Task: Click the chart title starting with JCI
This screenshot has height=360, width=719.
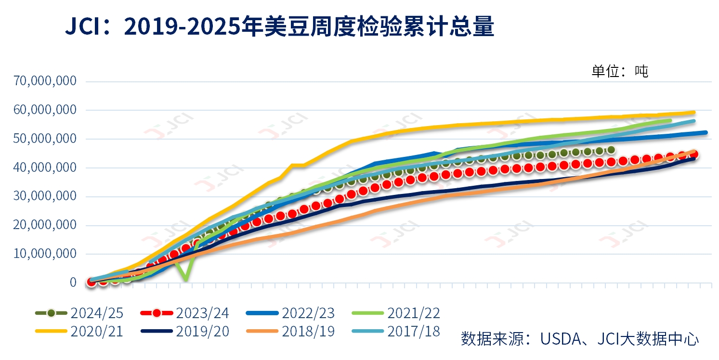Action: click(x=280, y=27)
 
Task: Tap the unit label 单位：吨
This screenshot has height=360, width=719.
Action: click(x=619, y=71)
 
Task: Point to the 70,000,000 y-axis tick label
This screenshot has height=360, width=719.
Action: click(x=46, y=81)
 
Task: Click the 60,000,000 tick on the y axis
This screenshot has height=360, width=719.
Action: click(x=46, y=110)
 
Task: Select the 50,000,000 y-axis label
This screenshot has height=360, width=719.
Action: click(x=46, y=139)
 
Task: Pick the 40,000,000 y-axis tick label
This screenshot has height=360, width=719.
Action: click(x=46, y=167)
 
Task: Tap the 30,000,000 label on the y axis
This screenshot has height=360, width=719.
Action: click(x=46, y=196)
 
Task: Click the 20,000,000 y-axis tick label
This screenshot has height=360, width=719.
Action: click(x=46, y=225)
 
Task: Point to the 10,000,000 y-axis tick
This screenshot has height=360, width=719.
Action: click(x=46, y=254)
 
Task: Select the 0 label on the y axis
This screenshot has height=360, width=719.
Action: click(x=73, y=283)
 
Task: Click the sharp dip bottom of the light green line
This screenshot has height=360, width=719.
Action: click(x=185, y=280)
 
